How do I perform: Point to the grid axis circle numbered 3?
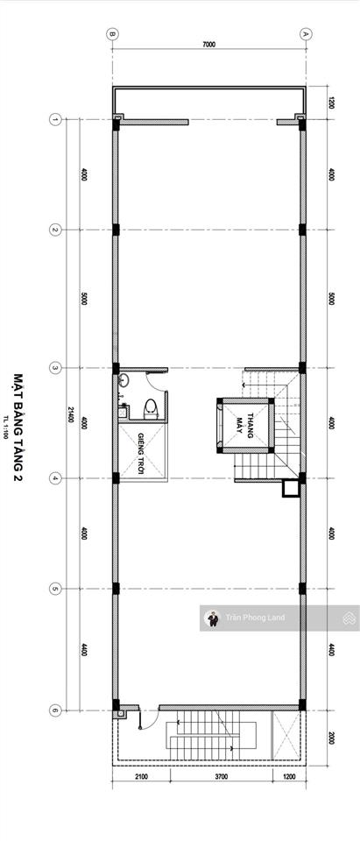coord(54,367)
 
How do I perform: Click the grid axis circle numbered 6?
coord(54,686)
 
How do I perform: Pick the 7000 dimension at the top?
coord(208,44)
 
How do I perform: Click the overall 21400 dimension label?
coord(70,413)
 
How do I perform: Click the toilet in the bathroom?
coord(151,406)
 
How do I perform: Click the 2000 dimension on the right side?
coord(331,713)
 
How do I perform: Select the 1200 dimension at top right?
coord(331,102)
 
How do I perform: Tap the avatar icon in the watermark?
coord(211,618)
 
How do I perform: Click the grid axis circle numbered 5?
coord(54,589)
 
